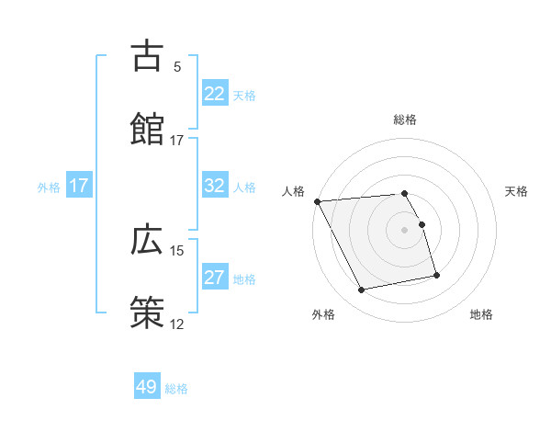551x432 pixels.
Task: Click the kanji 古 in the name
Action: pyautogui.click(x=147, y=57)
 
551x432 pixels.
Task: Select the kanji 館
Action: pyautogui.click(x=147, y=127)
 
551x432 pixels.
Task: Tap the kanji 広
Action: pyautogui.click(x=147, y=240)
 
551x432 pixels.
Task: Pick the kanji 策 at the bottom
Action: pyautogui.click(x=147, y=312)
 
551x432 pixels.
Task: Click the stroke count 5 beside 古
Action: pyautogui.click(x=177, y=67)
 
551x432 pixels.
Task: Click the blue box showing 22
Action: pyautogui.click(x=215, y=94)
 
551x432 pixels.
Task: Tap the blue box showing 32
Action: pyautogui.click(x=215, y=187)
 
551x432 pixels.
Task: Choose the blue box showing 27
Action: pyautogui.click(x=215, y=279)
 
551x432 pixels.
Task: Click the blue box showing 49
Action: pyautogui.click(x=147, y=387)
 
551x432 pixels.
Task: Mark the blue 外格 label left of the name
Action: pyautogui.click(x=49, y=188)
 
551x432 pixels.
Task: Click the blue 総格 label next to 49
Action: pyautogui.click(x=176, y=389)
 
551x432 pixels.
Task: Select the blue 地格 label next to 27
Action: pyautogui.click(x=244, y=279)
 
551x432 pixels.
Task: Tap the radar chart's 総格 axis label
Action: pyautogui.click(x=405, y=119)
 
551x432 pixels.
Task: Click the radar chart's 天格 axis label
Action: pyautogui.click(x=517, y=191)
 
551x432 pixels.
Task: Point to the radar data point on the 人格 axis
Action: pyautogui.click(x=318, y=201)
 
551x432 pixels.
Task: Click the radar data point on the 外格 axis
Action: pyautogui.click(x=362, y=290)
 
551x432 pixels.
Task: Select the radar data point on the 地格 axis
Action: pyautogui.click(x=436, y=275)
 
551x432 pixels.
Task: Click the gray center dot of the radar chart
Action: pyautogui.click(x=405, y=230)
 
